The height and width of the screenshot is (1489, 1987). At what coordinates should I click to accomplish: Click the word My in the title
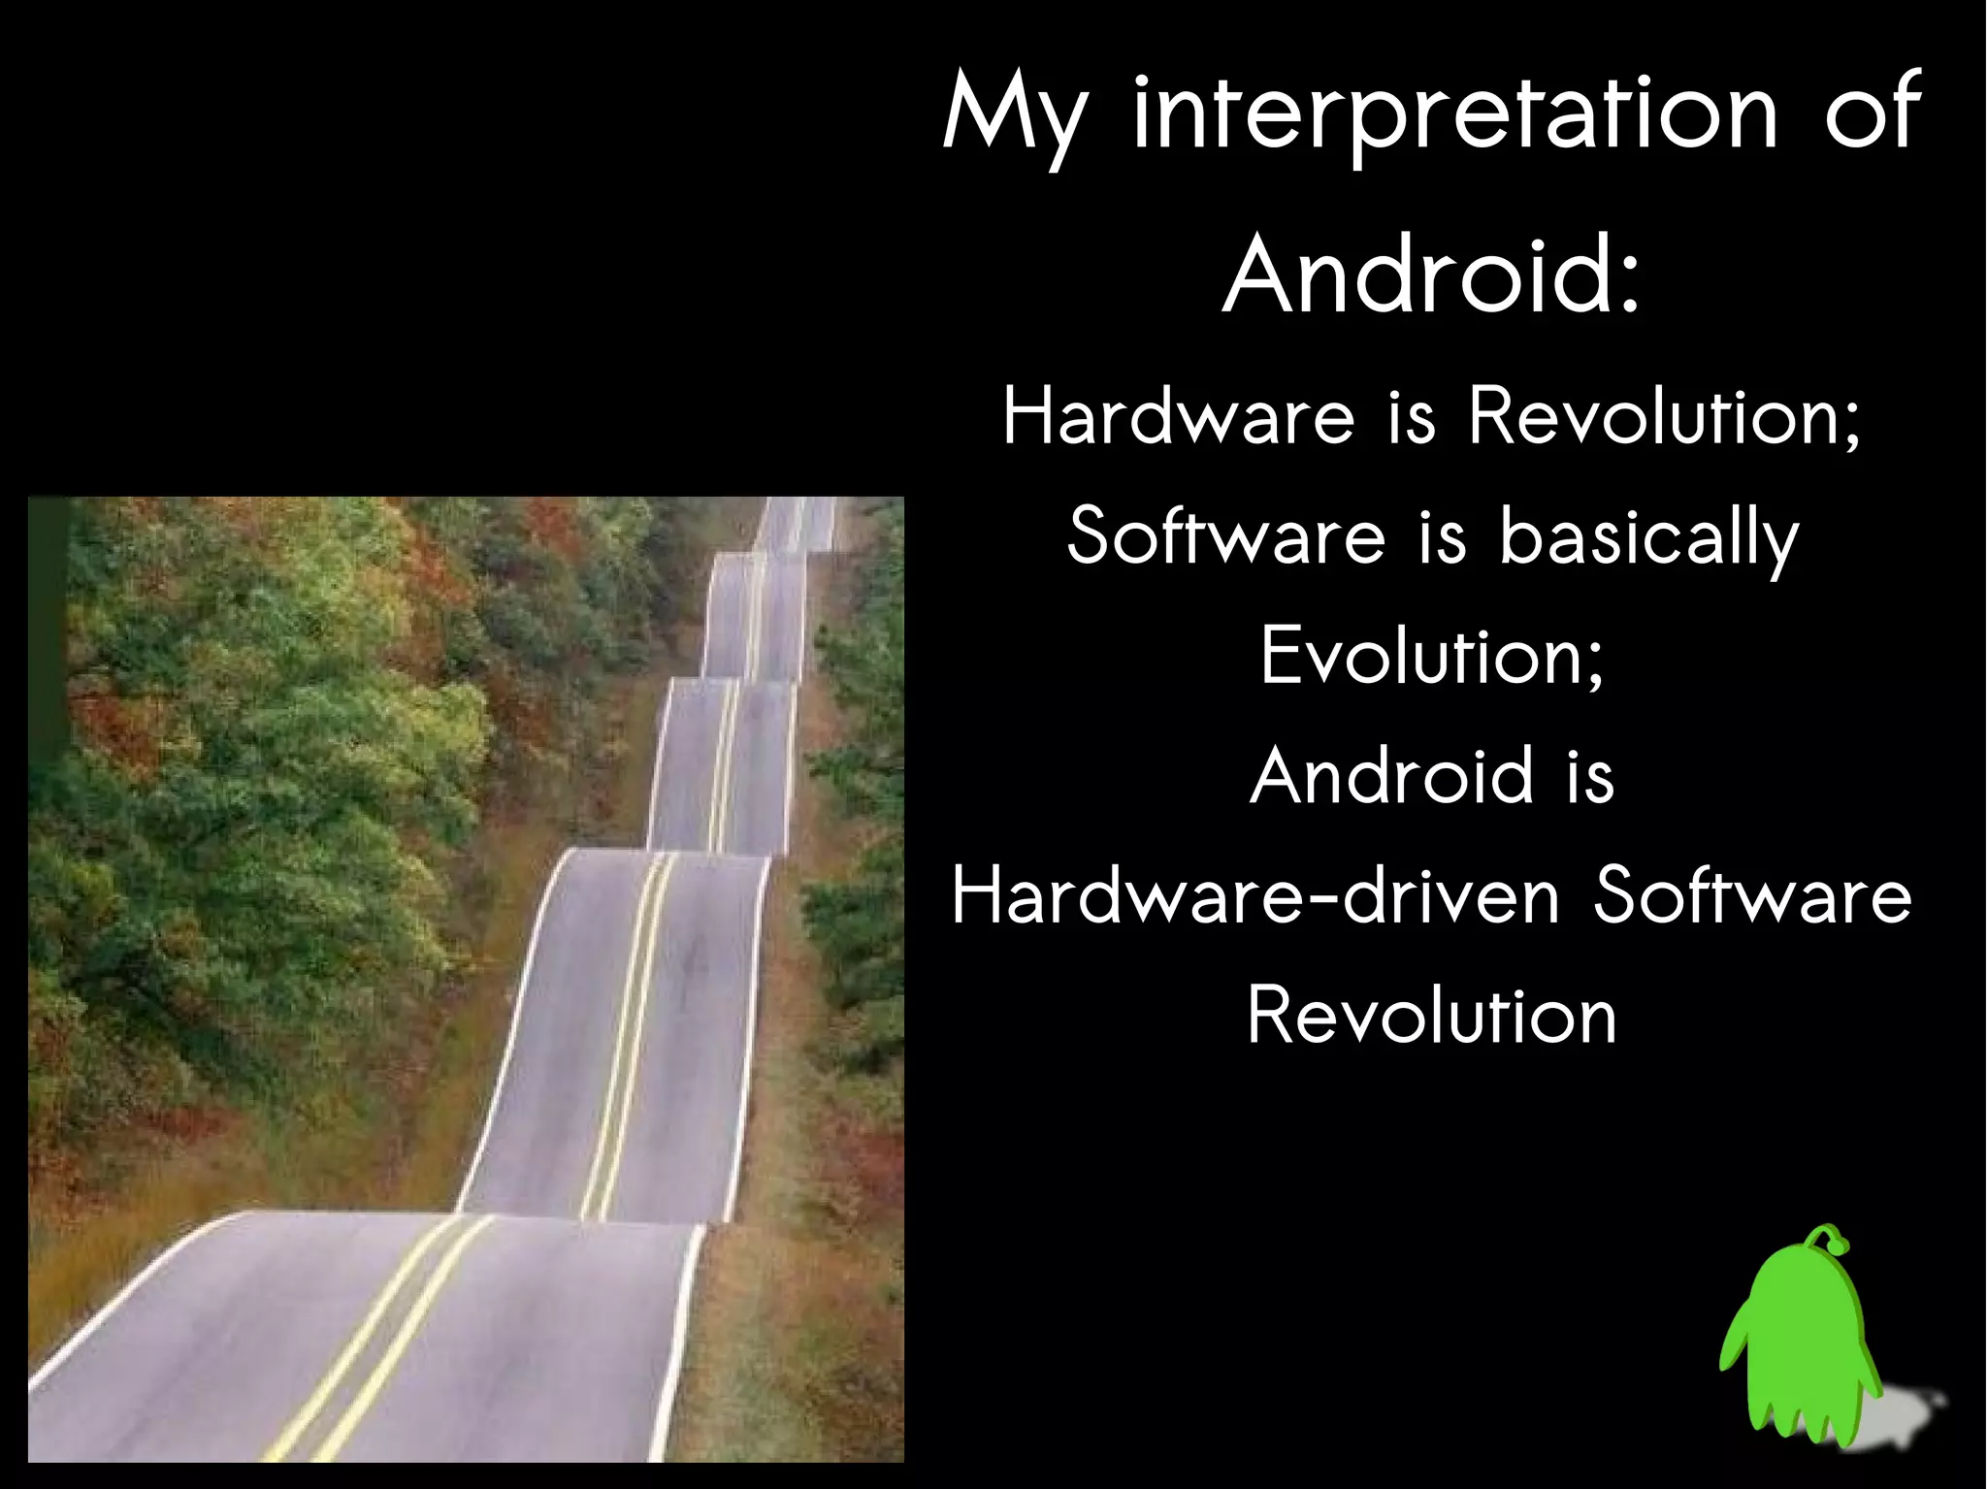point(1015,116)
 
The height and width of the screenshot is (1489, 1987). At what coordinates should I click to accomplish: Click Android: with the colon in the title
point(1432,276)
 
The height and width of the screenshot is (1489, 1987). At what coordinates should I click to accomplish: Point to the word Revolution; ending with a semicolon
point(1665,417)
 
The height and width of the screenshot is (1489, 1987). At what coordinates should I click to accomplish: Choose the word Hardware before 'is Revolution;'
point(1178,417)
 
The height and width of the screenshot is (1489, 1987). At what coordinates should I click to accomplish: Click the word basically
point(1649,538)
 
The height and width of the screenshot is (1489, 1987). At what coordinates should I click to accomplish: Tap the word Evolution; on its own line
point(1432,657)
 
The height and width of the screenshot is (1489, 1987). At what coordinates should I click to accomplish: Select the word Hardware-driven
point(1255,896)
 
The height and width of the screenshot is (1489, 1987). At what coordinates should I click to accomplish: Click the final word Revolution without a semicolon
point(1432,1016)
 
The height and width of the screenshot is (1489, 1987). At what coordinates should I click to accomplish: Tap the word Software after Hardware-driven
point(1752,896)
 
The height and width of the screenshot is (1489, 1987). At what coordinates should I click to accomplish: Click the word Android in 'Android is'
point(1393,777)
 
